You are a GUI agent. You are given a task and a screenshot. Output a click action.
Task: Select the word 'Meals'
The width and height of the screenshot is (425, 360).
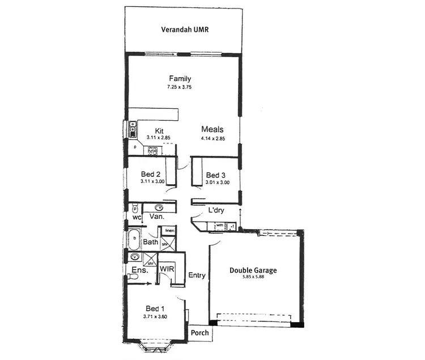pos(212,129)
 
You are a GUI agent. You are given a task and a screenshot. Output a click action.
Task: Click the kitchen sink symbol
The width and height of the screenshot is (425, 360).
pos(133,129)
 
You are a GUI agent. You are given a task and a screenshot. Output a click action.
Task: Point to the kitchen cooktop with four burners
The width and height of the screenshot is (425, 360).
pos(152,151)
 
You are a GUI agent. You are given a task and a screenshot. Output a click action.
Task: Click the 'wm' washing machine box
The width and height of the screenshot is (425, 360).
pos(219,226)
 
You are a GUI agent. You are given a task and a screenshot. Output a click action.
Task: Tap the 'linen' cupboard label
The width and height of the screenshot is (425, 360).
pos(169,231)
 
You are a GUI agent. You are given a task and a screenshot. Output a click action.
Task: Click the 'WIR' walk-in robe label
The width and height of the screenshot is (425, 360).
pos(167,268)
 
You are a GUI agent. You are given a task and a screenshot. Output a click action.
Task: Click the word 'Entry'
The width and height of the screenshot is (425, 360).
pos(197,276)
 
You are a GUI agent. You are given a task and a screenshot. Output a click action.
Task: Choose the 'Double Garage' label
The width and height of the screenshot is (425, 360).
pos(253,270)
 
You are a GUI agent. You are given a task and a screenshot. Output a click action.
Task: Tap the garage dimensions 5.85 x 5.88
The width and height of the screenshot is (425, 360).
pos(253,278)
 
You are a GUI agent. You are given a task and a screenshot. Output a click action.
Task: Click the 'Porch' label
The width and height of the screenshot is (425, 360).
pos(199,333)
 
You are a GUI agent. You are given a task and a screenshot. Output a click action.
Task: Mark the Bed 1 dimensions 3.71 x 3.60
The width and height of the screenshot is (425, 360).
pos(155,317)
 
